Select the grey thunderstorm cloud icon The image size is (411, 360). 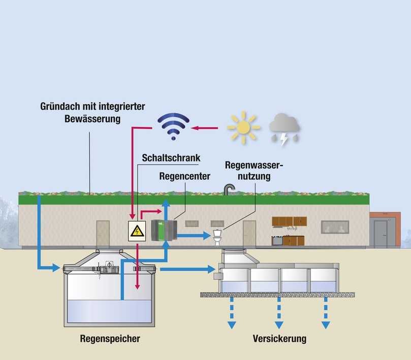coord(284,127)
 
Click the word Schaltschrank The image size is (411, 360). coord(171,158)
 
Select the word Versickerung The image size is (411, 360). coord(279,338)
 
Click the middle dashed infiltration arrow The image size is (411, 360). coord(279,313)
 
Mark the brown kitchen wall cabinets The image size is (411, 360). coord(289,221)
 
